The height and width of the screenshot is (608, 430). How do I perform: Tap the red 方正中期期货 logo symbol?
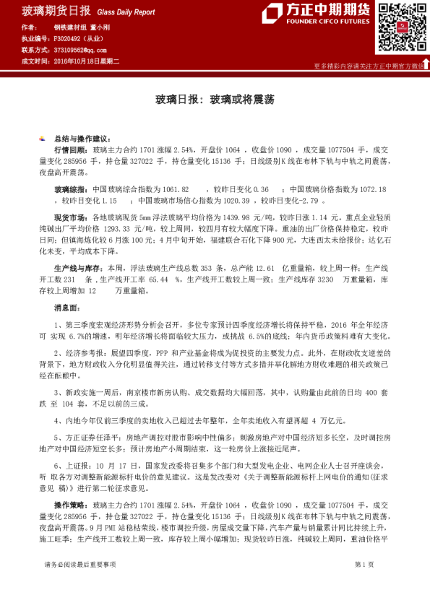[272, 14]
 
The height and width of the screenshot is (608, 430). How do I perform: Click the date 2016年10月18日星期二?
[86, 61]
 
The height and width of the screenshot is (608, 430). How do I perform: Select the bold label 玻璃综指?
[69, 188]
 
